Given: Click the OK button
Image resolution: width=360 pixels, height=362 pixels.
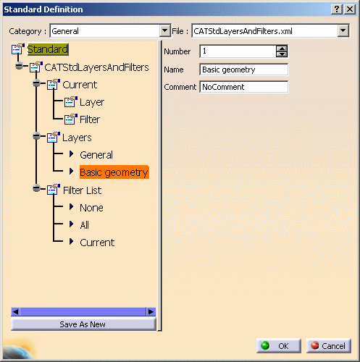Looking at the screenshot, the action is (x=279, y=346).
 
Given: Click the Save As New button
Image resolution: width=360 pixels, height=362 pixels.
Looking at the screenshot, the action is (x=83, y=324).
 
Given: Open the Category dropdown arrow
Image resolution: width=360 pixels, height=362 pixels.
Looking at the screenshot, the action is (x=165, y=30).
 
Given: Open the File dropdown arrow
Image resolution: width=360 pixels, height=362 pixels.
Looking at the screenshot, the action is (x=343, y=30).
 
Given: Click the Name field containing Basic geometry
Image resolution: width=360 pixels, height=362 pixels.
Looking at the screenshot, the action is (x=244, y=70).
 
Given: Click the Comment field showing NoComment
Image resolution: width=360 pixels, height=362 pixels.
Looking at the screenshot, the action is (x=244, y=87).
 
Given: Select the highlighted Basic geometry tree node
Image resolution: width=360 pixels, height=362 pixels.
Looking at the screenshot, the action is (x=114, y=172).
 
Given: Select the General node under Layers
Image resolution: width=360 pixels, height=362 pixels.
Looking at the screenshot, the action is (x=96, y=155).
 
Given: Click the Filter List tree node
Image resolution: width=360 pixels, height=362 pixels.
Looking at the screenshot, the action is (x=82, y=190).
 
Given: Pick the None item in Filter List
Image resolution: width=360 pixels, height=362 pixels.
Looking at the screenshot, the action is (x=91, y=208).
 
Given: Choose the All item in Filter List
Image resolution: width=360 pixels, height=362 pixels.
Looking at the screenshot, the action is (x=85, y=225).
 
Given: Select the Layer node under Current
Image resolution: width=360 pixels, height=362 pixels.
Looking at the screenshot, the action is (x=92, y=102).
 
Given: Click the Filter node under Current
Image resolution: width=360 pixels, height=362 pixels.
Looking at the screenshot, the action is (x=90, y=119).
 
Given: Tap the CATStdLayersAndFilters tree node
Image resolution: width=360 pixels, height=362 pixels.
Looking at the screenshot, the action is (x=96, y=67).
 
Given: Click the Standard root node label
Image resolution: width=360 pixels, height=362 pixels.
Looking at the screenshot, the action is (x=48, y=49).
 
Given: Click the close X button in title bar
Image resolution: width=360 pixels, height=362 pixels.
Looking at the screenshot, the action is (x=350, y=9).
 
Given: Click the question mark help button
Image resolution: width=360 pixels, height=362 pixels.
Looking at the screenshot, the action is (x=337, y=9).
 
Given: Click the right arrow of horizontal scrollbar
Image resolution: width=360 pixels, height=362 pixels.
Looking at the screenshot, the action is (x=151, y=311).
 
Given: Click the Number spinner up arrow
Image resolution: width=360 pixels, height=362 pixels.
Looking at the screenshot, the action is (x=282, y=49).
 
